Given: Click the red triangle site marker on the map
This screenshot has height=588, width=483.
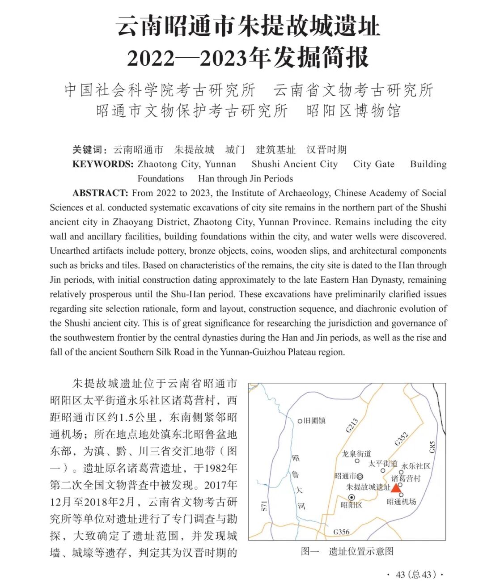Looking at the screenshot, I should [x=396, y=487].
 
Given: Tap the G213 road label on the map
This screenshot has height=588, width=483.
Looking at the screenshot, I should [x=352, y=426].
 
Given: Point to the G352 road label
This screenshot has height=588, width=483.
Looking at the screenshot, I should [x=401, y=439].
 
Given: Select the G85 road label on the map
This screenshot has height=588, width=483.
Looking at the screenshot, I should [x=432, y=447].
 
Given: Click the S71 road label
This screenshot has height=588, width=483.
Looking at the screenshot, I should [x=264, y=506].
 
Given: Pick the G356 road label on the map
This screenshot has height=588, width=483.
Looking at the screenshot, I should [x=341, y=532].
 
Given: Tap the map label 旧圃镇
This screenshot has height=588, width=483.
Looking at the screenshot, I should [x=314, y=421].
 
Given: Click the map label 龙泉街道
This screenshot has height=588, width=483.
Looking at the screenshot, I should [x=356, y=453].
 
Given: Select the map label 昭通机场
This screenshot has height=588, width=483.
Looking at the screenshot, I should [x=401, y=502].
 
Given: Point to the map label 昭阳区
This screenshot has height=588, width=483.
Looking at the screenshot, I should [x=351, y=505].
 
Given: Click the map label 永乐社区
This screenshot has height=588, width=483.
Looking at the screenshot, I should [x=416, y=466].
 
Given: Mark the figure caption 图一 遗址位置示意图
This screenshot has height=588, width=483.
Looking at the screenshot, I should [x=347, y=551].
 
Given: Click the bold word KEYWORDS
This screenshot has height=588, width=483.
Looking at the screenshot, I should [x=102, y=164].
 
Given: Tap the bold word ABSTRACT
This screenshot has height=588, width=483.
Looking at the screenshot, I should [x=100, y=193].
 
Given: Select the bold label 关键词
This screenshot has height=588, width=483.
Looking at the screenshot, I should [x=89, y=149].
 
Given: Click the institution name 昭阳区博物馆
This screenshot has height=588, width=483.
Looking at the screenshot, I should [x=353, y=110].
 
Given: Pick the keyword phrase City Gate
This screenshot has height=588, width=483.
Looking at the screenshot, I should [x=373, y=164].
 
